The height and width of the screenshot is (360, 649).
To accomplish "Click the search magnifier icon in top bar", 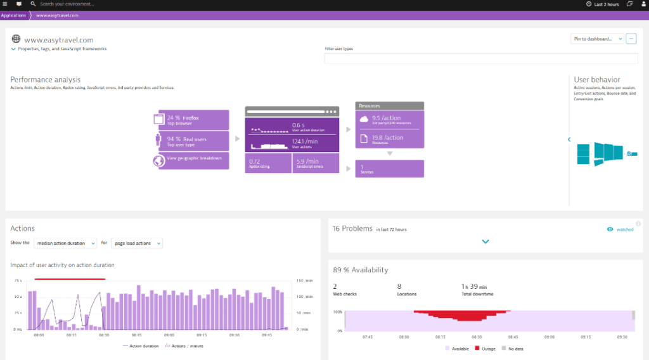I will click(x=33, y=4).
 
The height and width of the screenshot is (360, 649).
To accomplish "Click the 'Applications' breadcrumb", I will click(x=13, y=15).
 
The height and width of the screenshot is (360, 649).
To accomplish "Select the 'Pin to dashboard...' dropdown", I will click(x=596, y=39).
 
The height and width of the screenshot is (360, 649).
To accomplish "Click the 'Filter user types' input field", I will click(x=480, y=58).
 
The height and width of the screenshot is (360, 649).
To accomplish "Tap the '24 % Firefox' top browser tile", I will click(x=193, y=119).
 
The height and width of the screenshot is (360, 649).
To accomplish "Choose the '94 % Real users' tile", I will click(x=193, y=141).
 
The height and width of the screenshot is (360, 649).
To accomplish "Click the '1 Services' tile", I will click(x=389, y=169).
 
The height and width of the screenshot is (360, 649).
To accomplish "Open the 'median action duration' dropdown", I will click(x=65, y=243).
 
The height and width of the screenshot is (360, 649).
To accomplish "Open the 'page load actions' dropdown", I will click(x=137, y=243).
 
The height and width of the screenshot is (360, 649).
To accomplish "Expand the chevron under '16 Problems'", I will click(x=485, y=241).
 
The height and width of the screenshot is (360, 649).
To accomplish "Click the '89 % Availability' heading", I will click(x=361, y=270).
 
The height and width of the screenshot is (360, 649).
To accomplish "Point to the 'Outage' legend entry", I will click(x=485, y=349).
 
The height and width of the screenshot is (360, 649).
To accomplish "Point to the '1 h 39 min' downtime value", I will click(x=475, y=286).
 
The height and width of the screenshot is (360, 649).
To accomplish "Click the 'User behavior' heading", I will click(x=596, y=80).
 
